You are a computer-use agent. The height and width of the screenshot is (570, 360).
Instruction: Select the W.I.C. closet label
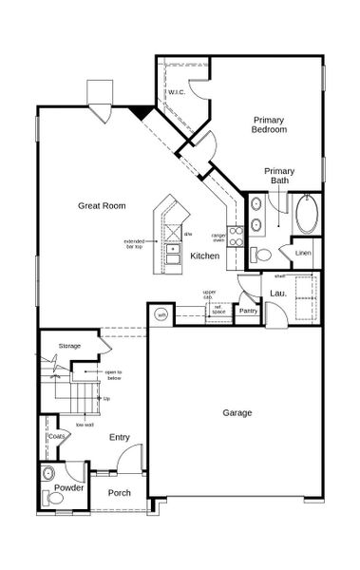(x=176, y=92)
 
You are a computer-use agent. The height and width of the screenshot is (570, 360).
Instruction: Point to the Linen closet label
(x=303, y=253)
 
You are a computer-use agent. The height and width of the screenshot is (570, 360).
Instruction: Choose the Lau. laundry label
(x=278, y=294)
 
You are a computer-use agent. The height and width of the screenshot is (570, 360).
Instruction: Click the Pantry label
(x=249, y=311)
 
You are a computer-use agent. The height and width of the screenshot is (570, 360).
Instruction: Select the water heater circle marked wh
(x=161, y=314)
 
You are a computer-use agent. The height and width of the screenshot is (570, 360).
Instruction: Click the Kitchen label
(x=205, y=256)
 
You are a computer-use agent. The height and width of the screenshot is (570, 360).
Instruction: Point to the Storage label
(x=69, y=346)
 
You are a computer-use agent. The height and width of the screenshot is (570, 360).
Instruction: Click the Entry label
(x=119, y=437)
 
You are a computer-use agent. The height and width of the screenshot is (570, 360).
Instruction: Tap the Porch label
(x=120, y=493)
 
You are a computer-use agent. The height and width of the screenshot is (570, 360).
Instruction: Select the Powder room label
(x=68, y=487)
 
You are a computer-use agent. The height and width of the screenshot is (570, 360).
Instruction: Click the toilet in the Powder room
(x=50, y=474)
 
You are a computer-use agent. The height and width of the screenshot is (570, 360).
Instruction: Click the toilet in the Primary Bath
(x=260, y=255)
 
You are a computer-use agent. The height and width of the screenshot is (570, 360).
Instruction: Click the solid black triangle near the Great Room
(x=142, y=113)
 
